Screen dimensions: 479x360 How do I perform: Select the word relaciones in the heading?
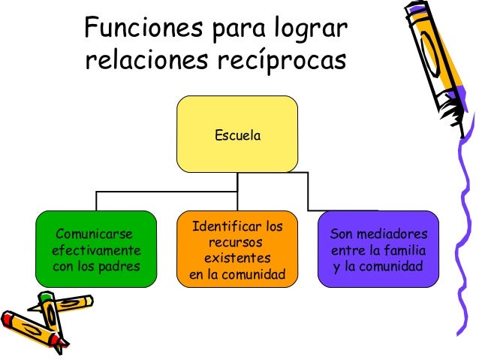(140, 60)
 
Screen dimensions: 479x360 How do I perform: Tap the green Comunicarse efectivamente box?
(96, 247)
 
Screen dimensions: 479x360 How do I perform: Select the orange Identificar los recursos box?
(237, 251)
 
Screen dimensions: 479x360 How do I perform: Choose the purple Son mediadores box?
(378, 249)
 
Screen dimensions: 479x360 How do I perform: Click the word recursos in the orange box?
(236, 243)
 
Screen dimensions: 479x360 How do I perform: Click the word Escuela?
(237, 136)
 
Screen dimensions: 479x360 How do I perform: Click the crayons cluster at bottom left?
(45, 319)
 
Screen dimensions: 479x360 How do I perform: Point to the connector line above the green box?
(96, 201)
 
